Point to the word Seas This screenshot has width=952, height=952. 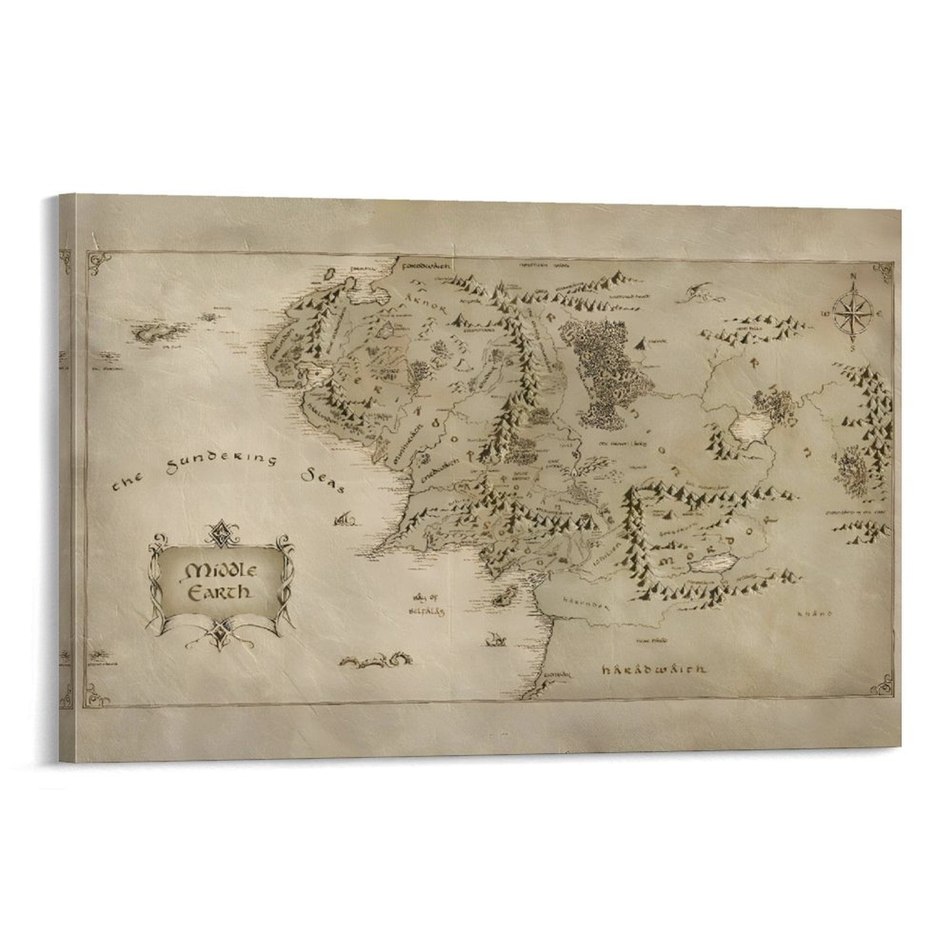(x=323, y=480)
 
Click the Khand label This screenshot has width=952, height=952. (x=816, y=613)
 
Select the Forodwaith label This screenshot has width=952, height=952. (x=425, y=264)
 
